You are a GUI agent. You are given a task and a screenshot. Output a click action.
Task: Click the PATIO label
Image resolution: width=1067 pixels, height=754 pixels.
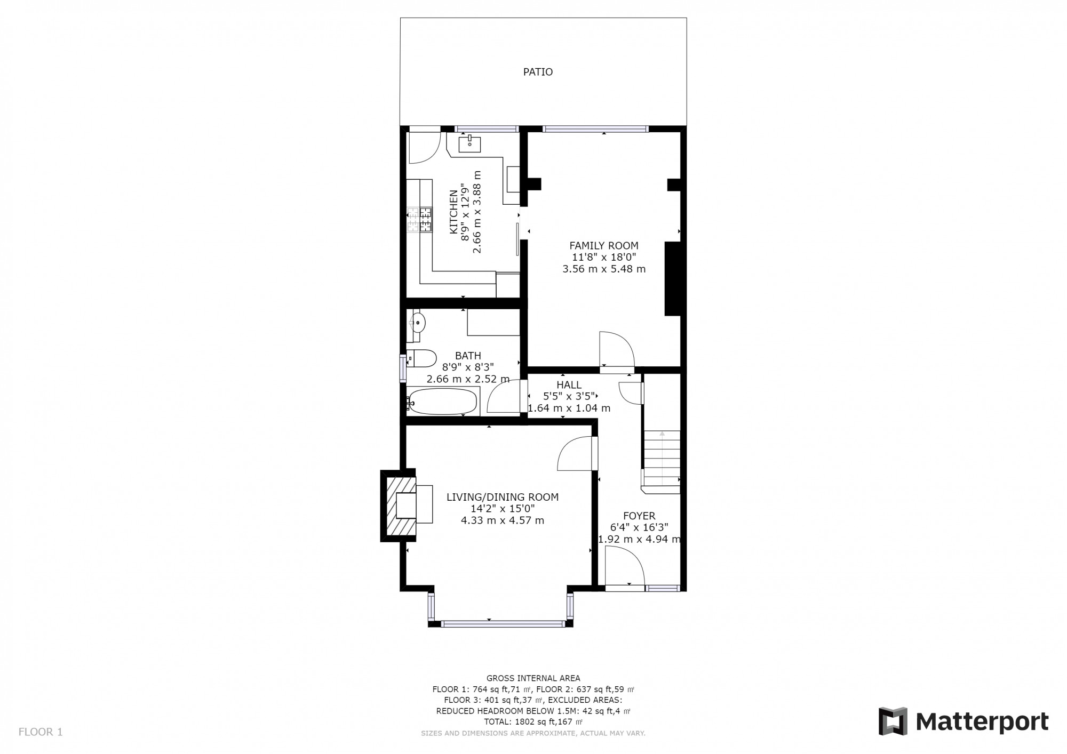pos(538,72)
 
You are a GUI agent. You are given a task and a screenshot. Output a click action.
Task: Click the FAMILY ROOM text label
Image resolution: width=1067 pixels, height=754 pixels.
pos(604,246)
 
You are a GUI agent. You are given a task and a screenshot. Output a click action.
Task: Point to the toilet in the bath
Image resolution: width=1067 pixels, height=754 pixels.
pos(421,358)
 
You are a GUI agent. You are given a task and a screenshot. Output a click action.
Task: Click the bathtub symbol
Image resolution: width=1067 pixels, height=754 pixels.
pos(442,402)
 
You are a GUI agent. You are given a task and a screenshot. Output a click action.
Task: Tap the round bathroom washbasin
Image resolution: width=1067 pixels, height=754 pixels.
pos(418,322)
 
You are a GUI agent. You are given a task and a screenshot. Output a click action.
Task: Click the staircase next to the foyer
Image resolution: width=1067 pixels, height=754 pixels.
pos(662,459)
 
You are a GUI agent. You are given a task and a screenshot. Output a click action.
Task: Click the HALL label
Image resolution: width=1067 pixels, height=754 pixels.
pos(569,385)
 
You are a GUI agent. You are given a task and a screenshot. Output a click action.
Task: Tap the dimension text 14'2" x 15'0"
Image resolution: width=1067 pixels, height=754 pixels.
pos(502,509)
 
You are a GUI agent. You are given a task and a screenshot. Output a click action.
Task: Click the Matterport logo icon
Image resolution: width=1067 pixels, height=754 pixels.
pos(893,721)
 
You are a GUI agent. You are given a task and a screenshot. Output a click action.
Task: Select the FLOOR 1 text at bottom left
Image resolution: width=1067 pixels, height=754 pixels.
pos(41,732)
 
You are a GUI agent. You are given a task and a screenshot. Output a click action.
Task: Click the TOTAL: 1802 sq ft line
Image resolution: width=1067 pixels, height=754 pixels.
pos(533,722)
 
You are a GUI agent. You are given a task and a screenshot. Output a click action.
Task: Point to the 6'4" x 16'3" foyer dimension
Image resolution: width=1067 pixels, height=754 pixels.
pos(639,527)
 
